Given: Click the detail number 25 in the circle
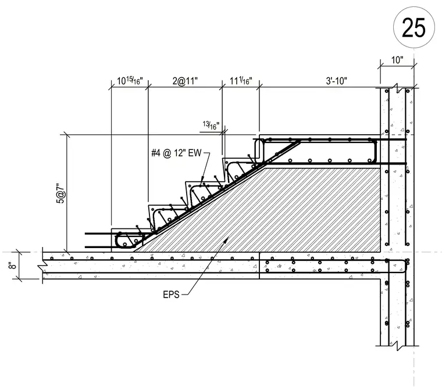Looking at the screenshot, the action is [414, 28].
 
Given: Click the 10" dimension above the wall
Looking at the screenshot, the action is [397, 60].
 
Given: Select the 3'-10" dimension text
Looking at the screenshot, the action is [336, 81].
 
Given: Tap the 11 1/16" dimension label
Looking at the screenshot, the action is [241, 81].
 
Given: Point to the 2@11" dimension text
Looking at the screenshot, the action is [185, 81].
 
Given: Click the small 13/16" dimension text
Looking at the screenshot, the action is [211, 126].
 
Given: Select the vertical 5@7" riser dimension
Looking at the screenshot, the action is [60, 193].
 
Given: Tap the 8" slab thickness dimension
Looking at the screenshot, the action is [12, 266].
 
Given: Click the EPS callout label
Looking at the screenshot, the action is [171, 295].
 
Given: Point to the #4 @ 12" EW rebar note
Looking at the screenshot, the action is [176, 153].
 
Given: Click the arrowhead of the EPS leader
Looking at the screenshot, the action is [227, 239].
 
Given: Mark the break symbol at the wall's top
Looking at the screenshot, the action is [397, 88].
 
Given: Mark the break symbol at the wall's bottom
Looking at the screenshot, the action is [397, 346].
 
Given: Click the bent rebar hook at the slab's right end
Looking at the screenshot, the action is [405, 266].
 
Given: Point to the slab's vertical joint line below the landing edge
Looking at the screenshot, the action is [259, 266].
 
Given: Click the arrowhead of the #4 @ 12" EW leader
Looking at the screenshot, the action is [202, 180].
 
